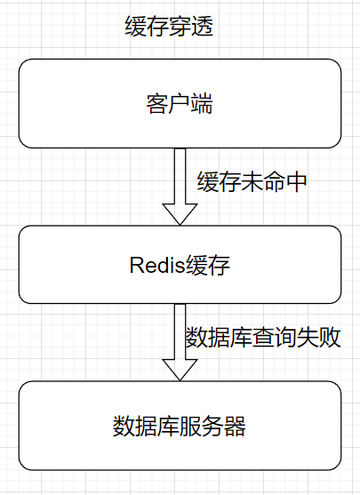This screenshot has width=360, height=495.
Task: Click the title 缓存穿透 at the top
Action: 169,27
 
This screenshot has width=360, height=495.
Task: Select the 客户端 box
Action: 180,103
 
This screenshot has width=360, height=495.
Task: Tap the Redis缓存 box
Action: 180,264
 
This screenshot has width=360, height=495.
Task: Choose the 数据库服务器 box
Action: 180,426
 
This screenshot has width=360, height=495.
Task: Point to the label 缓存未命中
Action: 252,182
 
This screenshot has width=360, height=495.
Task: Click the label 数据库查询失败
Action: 263,339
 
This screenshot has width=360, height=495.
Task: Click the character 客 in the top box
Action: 156,103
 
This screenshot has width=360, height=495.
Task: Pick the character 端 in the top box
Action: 202,103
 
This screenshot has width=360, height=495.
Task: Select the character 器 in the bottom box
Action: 235,427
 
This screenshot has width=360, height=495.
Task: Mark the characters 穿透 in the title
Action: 191,27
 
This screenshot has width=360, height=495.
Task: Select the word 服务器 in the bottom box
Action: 212,427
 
